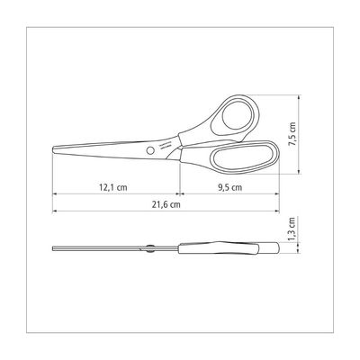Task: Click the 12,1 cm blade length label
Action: [x=113, y=188]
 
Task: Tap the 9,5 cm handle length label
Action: [x=229, y=188]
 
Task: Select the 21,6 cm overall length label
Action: [x=166, y=205]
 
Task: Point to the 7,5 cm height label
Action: [x=292, y=134]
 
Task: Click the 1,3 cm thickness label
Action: [x=292, y=229]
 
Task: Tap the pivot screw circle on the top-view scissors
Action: [x=150, y=149]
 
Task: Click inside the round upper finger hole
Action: [x=238, y=115]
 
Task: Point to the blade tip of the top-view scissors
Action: [x=53, y=149]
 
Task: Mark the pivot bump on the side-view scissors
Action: [x=150, y=248]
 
